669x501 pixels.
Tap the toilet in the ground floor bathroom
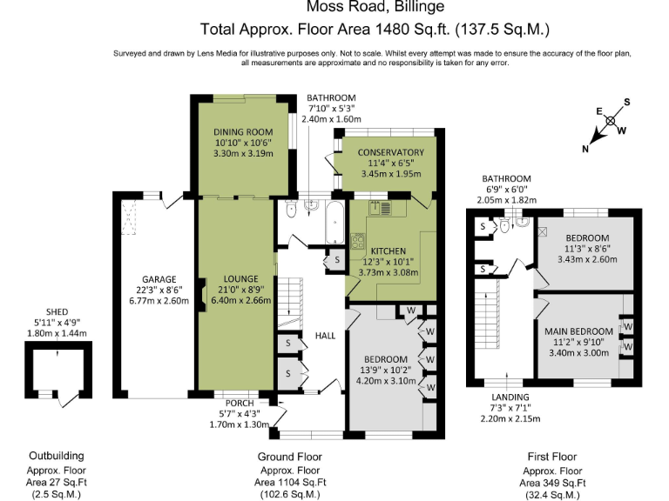coord(291,211)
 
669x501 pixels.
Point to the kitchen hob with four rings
coord(357,241)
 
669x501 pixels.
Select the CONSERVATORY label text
coord(391,152)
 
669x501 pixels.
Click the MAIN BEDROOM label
coord(579,331)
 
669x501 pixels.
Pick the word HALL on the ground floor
coord(325,336)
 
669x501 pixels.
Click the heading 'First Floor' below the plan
coord(552,456)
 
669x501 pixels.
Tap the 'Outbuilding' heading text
coord(57,456)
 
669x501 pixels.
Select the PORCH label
coord(238,403)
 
